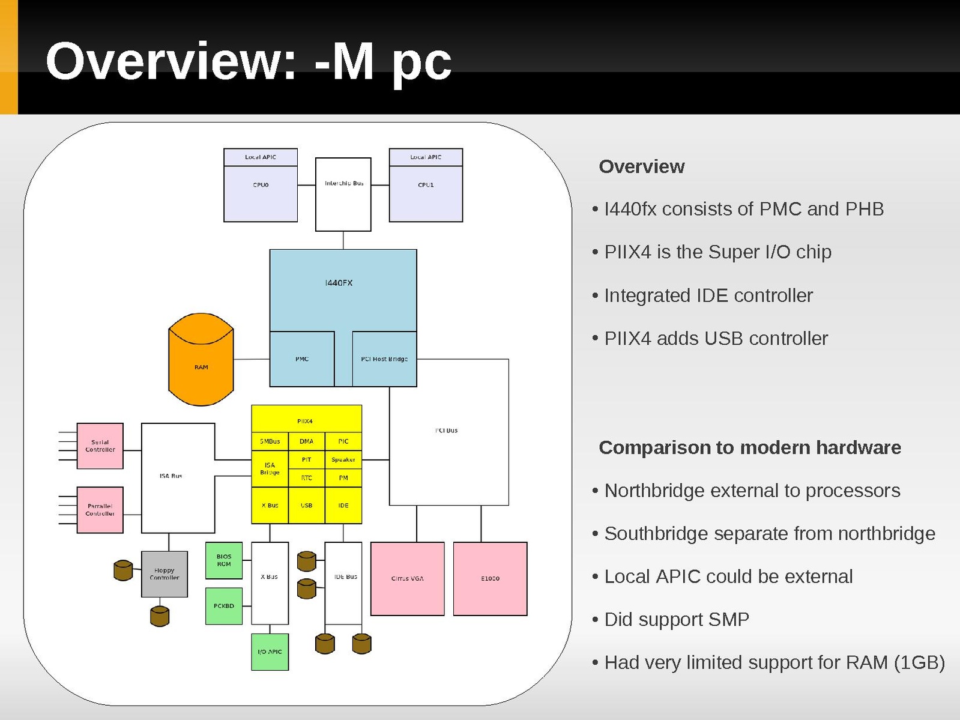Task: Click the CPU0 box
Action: click(261, 193)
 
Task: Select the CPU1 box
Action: click(426, 193)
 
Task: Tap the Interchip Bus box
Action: click(343, 194)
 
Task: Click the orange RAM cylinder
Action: click(201, 366)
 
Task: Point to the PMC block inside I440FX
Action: click(302, 359)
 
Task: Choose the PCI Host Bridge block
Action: click(384, 359)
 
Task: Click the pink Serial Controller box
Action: click(100, 446)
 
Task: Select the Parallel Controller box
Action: click(100, 510)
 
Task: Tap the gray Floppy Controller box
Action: click(165, 574)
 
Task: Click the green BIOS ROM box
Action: click(224, 560)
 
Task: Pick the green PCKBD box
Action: click(224, 606)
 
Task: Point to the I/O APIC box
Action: click(270, 652)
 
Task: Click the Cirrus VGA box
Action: click(408, 578)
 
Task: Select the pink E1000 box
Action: click(490, 578)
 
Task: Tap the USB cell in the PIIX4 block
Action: click(307, 506)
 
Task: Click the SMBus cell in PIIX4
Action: click(270, 441)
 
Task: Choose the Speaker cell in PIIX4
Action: click(343, 460)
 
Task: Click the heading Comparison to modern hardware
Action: click(750, 447)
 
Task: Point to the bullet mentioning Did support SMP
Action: click(677, 619)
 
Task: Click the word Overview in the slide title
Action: click(171, 61)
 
